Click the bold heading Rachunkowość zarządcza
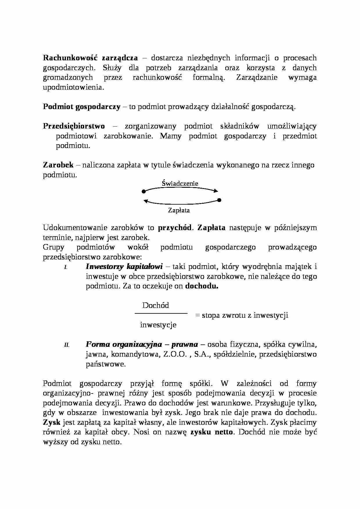(90, 58)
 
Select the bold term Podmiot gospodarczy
(82, 107)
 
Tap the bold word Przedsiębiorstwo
(74, 126)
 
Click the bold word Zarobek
(58, 165)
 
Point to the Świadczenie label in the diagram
(180, 183)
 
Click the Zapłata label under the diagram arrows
(179, 210)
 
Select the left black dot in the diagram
(143, 192)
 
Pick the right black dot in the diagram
(219, 200)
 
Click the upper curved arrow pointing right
(181, 188)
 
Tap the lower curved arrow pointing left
(181, 203)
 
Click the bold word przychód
(174, 228)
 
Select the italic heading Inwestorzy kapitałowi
(124, 266)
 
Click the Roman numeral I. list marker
(66, 267)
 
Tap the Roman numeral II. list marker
(67, 345)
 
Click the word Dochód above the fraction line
(156, 305)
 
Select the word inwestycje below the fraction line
(158, 325)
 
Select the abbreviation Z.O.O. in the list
(174, 354)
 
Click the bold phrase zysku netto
(212, 432)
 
